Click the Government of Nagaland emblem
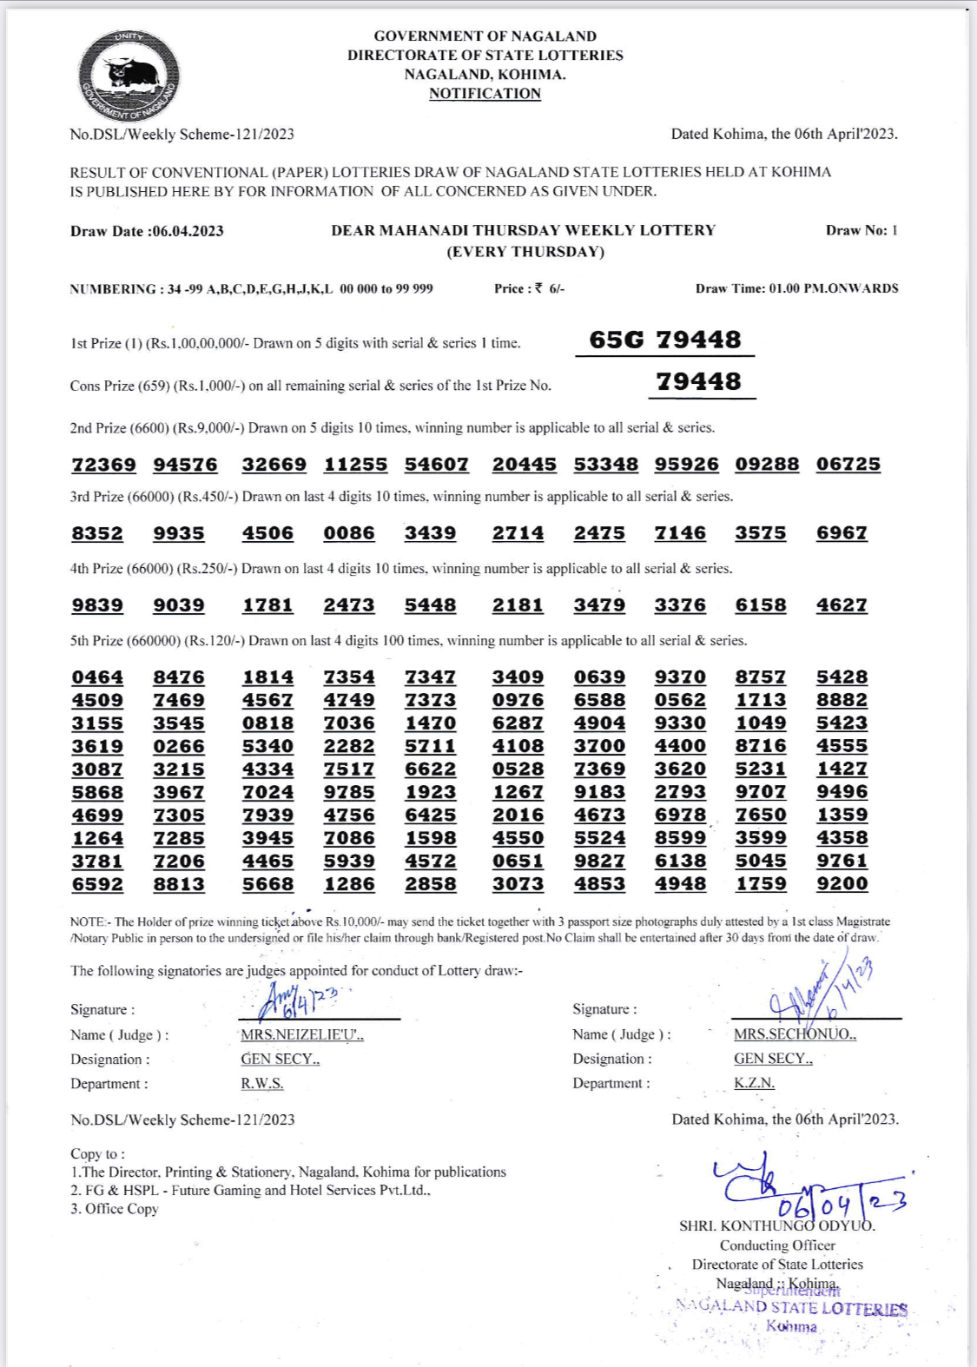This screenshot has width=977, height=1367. (x=129, y=76)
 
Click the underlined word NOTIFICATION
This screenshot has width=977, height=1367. (x=485, y=94)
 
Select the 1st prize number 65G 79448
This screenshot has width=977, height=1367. (x=665, y=340)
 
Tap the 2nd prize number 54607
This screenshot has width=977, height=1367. (x=436, y=465)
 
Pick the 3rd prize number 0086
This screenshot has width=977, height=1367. (x=349, y=533)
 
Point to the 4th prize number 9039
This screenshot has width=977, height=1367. (x=179, y=605)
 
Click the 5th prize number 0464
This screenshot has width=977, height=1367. (x=97, y=677)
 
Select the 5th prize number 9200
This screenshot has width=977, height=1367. (x=842, y=884)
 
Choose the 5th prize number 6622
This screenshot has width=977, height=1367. (x=430, y=769)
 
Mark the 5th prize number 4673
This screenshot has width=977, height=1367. (x=599, y=816)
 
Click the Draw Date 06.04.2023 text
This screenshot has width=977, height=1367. (x=147, y=231)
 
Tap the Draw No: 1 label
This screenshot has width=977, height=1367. (x=861, y=230)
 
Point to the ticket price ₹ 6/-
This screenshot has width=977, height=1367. (x=530, y=288)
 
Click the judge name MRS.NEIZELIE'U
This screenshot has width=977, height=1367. (x=302, y=1034)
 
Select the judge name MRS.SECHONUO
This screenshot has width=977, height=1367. (x=795, y=1034)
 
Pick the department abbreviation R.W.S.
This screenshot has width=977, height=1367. (x=262, y=1083)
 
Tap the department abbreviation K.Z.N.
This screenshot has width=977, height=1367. (x=754, y=1083)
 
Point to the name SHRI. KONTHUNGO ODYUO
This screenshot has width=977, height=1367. (x=777, y=1226)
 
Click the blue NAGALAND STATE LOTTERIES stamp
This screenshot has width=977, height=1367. (x=791, y=1308)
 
